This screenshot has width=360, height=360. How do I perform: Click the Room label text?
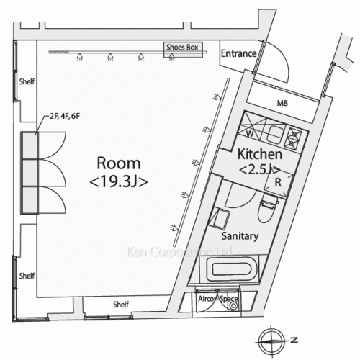(x=119, y=163)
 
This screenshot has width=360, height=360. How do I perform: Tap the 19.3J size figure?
(x=119, y=181)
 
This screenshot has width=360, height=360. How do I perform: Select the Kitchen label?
(x=260, y=154)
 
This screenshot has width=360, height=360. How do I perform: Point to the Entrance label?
(x=238, y=53)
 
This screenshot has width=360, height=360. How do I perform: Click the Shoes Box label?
(x=182, y=47)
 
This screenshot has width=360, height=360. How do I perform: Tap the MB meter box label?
(x=282, y=103)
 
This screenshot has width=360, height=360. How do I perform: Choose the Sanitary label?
(x=240, y=236)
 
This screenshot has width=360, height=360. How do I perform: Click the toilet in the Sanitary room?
(x=268, y=208)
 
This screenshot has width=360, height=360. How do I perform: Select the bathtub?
(x=232, y=269)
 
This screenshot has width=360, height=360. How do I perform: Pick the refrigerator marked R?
(x=279, y=183)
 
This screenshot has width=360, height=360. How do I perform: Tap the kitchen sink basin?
(x=275, y=135)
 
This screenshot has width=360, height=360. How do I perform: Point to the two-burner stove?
(x=294, y=138)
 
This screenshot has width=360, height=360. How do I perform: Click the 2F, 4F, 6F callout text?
(x=65, y=117)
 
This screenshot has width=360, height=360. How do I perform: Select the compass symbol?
(x=272, y=341)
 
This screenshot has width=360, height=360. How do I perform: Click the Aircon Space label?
(x=218, y=299)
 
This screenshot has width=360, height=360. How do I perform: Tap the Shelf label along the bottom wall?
(x=121, y=305)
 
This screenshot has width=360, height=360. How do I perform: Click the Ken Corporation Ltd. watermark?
(x=179, y=252)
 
